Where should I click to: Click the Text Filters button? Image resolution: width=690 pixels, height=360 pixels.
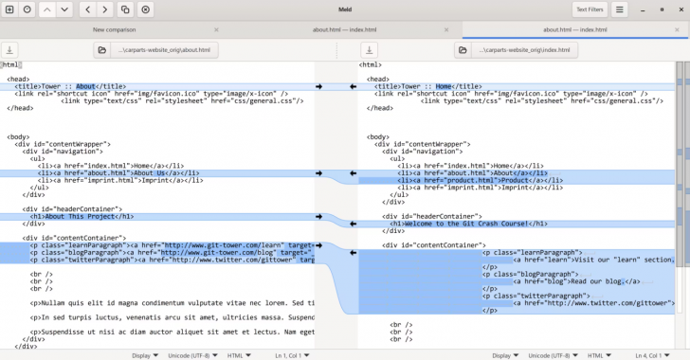tap(590, 9)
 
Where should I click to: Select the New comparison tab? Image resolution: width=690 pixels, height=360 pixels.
tap(114, 29)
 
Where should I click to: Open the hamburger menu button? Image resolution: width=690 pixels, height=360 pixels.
tap(619, 9)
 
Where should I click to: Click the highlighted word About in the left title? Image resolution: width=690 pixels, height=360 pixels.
tap(86, 86)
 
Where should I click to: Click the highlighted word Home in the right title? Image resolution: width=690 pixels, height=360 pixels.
tap(443, 86)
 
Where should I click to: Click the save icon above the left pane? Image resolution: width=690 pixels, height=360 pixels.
tap(9, 49)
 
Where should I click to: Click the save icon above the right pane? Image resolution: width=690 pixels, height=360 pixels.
tap(369, 49)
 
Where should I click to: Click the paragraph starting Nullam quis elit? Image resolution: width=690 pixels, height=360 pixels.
tap(171, 303)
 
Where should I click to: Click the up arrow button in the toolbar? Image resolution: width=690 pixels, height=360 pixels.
tap(45, 9)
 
